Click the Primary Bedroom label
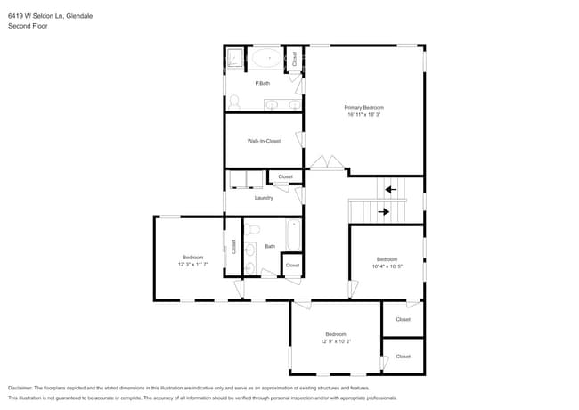coord(363,107)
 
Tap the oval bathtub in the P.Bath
coord(265,60)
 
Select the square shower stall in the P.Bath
coord(232,60)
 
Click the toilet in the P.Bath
coord(235,101)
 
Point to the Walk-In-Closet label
coord(264,141)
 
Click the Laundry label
coord(264,197)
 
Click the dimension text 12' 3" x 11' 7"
coord(192,265)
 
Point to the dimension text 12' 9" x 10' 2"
coord(336,341)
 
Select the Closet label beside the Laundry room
coord(285,176)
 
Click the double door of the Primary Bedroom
coord(326,163)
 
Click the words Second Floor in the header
coord(28,26)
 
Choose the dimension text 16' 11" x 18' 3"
coord(363,114)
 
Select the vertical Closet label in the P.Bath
coord(294,60)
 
